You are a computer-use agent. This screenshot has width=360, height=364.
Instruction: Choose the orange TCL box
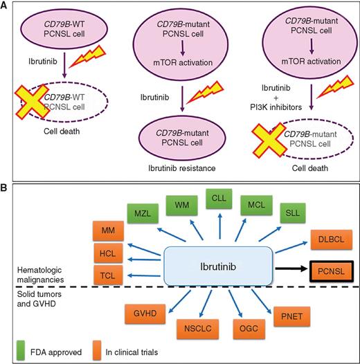(107, 274)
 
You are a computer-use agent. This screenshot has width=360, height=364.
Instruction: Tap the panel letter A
(6, 6)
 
